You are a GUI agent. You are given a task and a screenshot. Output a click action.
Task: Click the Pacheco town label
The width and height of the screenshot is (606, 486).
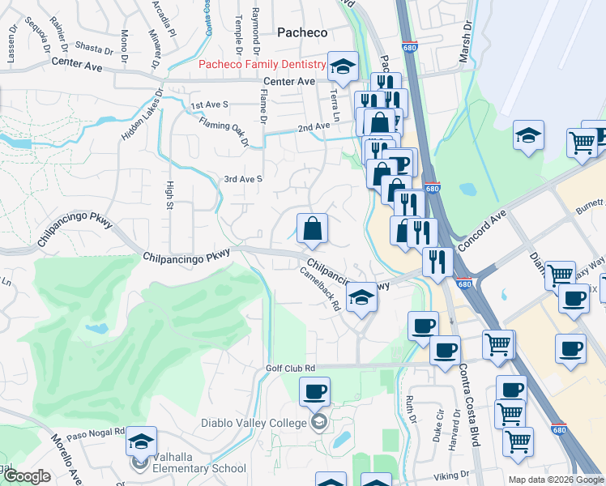[x=302, y=32]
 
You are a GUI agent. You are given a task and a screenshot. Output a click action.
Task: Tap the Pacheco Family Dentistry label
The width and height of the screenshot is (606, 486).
[x=262, y=64]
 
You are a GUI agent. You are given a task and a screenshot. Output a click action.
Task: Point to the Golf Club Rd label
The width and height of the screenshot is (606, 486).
[x=290, y=368]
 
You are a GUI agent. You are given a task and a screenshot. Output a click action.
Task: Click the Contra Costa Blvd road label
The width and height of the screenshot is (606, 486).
[x=469, y=405]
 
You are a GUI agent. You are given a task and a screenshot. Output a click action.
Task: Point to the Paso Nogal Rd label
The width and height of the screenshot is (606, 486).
[x=96, y=433]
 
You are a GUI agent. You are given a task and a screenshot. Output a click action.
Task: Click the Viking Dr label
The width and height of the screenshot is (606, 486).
[x=451, y=475]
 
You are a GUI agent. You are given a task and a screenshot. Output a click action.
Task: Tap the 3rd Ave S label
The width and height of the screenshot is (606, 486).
[x=243, y=178]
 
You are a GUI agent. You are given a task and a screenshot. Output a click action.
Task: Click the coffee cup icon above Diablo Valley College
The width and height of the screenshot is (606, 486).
[x=314, y=393]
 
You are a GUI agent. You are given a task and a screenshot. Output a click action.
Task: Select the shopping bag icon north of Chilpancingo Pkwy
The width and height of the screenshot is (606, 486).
[x=312, y=229]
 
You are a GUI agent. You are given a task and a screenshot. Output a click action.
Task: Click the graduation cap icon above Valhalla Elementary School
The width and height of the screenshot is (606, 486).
[x=141, y=442]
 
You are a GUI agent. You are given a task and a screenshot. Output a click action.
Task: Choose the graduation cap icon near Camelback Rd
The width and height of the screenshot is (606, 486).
[x=361, y=297]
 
